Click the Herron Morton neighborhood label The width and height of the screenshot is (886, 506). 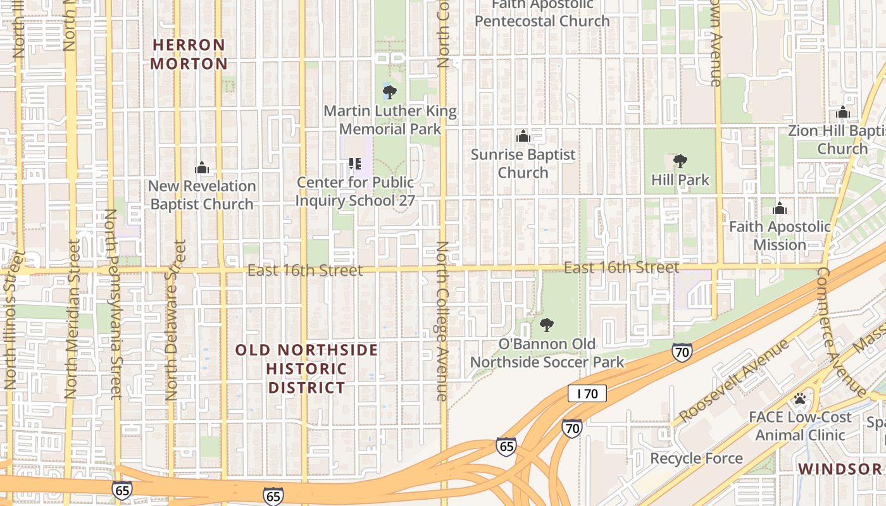click(x=189, y=54)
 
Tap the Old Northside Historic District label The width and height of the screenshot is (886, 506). click(x=307, y=369)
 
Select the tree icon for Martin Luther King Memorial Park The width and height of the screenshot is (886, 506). click(x=390, y=93)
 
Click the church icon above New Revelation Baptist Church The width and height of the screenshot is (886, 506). click(x=202, y=168)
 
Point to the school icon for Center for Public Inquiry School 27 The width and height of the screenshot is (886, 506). click(x=355, y=164)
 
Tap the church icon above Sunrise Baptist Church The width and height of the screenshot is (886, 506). click(x=523, y=136)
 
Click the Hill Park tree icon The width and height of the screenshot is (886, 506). click(x=680, y=161)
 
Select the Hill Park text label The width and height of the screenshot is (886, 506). click(x=680, y=180)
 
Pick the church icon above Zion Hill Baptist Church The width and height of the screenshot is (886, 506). click(x=842, y=113)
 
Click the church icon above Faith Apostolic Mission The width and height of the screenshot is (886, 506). click(x=780, y=208)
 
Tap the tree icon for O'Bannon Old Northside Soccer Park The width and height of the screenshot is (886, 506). click(x=546, y=325)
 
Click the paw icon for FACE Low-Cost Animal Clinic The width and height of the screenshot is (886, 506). click(x=800, y=398)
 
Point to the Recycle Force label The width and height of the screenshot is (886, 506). click(x=696, y=459)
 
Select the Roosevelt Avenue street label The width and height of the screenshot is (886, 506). click(x=734, y=381)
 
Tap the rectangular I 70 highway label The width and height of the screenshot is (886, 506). click(x=587, y=393)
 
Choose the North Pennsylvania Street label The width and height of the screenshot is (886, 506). click(x=113, y=304)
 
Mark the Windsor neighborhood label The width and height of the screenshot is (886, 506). click(x=840, y=469)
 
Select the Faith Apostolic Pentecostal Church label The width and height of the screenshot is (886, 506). click(x=542, y=13)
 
